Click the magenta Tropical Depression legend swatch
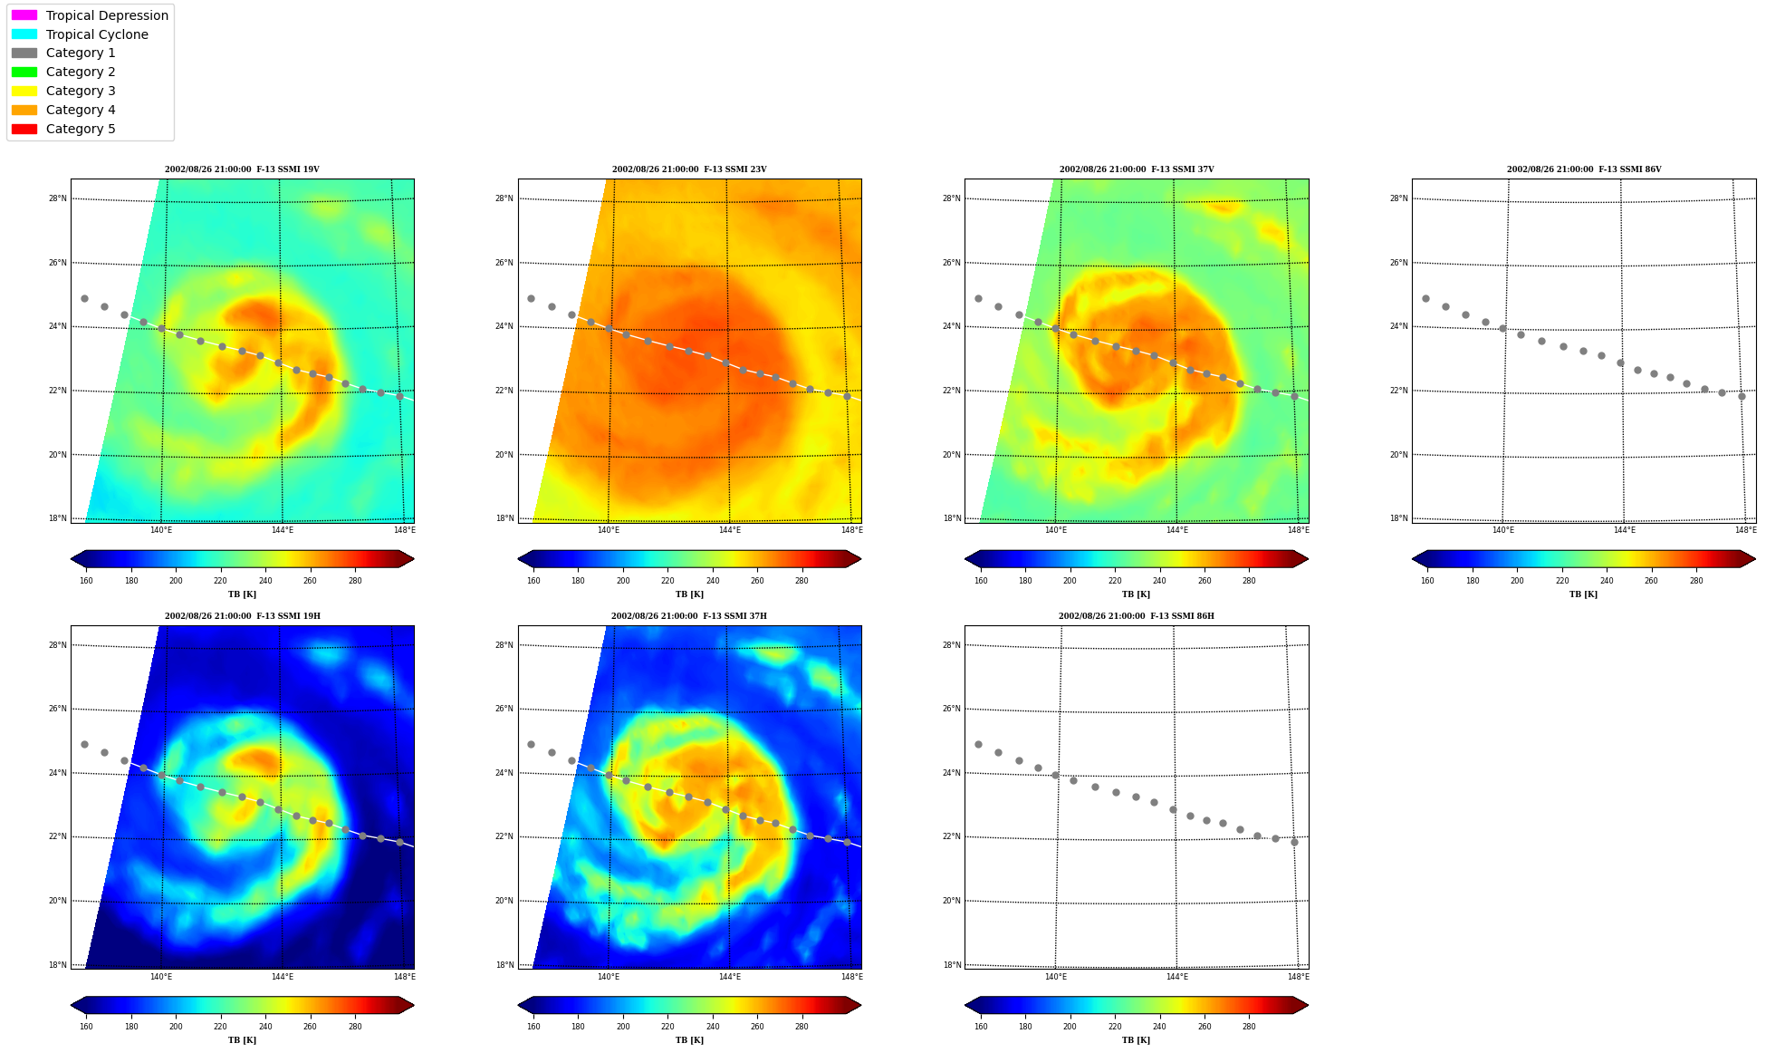(24, 15)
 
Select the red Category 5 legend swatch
(24, 129)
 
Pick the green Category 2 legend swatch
(24, 72)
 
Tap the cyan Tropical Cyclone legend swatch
(24, 34)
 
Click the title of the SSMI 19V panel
(242, 169)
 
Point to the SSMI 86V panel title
(1584, 169)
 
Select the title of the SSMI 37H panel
(689, 616)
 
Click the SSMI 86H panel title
(1137, 616)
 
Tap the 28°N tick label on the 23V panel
(504, 198)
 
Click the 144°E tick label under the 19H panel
(283, 977)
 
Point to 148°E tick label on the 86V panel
(1745, 530)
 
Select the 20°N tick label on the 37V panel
(951, 455)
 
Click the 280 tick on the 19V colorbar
(355, 581)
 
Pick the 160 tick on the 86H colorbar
(981, 1027)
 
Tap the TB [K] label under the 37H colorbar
(689, 1040)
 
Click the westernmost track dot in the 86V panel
(1425, 298)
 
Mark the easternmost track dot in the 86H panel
(1294, 842)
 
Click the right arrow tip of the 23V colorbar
(861, 559)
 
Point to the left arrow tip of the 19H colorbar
(72, 1005)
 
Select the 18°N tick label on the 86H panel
(951, 965)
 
